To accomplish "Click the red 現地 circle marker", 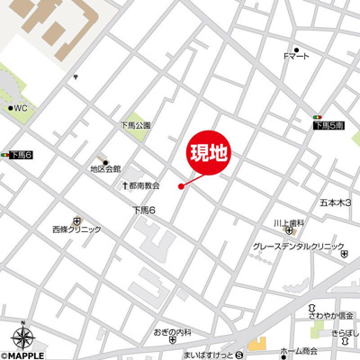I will (x=208, y=154).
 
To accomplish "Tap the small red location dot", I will (x=181, y=186).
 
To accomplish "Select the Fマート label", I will (x=296, y=58).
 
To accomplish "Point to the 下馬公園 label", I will (x=135, y=125).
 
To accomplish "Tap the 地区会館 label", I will (x=104, y=168).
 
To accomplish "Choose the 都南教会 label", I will (x=144, y=185).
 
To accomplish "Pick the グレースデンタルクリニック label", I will (x=298, y=246).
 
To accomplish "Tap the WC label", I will (x=19, y=108).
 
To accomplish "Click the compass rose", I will (x=25, y=339).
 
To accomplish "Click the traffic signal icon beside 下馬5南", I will (x=317, y=117).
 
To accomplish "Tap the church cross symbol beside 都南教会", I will (x=125, y=185).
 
